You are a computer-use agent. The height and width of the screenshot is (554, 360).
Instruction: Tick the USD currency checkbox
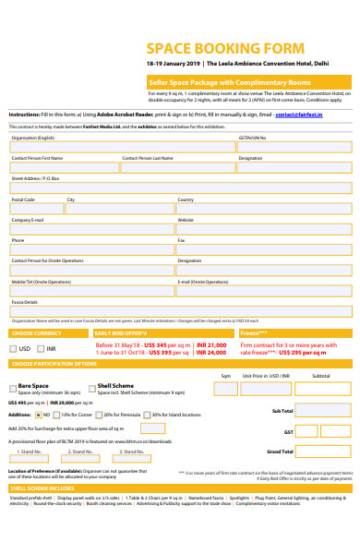[13, 349]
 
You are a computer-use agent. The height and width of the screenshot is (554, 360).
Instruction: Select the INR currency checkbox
[40, 349]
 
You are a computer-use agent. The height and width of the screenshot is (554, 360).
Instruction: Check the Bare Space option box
[12, 388]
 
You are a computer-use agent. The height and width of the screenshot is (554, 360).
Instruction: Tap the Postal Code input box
[35, 209]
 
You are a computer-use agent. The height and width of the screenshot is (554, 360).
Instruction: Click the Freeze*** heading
[254, 332]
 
